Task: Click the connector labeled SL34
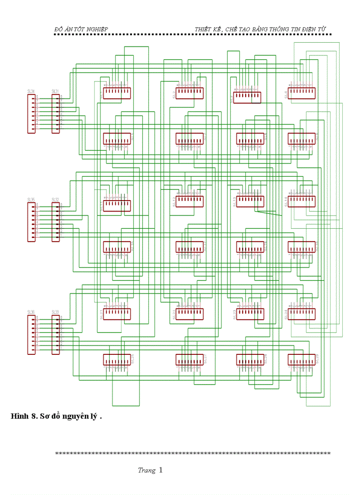pos(31,113)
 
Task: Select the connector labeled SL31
pos(56,113)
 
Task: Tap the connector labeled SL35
pos(31,222)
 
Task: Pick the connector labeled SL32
pos(56,222)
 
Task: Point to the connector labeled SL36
pos(31,335)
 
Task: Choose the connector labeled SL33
pos(56,335)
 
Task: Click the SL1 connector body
pos(117,93)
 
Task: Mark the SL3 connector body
pos(247,97)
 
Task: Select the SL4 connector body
pos(302,93)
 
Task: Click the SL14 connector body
pos(302,201)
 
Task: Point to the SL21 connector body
pos(117,314)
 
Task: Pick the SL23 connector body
pos(250,314)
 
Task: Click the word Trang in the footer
pos(146,470)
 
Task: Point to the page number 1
pos(161,470)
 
